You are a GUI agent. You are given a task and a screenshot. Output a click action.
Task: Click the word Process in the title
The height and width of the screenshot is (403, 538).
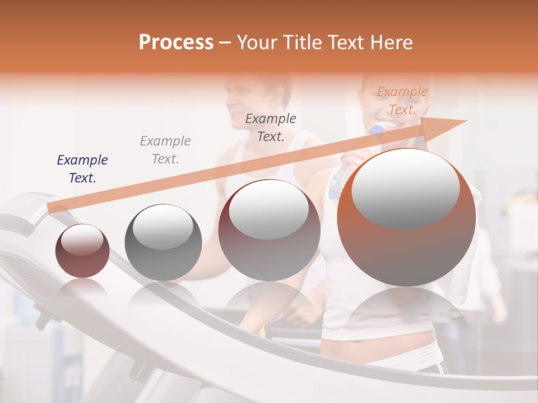[176, 43]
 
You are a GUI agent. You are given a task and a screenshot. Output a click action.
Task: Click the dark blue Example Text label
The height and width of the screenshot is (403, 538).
[82, 169]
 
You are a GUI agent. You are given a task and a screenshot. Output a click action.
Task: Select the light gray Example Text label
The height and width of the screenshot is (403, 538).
[165, 149]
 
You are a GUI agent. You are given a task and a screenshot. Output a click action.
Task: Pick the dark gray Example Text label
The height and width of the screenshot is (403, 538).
[271, 127]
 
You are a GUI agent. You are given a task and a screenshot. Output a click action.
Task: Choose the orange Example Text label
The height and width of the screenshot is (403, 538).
[402, 100]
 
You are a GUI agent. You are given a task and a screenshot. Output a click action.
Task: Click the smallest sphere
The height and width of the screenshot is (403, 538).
[82, 251]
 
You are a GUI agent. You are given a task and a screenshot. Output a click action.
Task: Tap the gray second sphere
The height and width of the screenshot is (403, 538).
[163, 242]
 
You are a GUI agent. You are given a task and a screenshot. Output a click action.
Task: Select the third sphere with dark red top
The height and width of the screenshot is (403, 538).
[269, 230]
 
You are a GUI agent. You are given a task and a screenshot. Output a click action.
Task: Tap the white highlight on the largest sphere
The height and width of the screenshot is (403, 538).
[406, 188]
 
